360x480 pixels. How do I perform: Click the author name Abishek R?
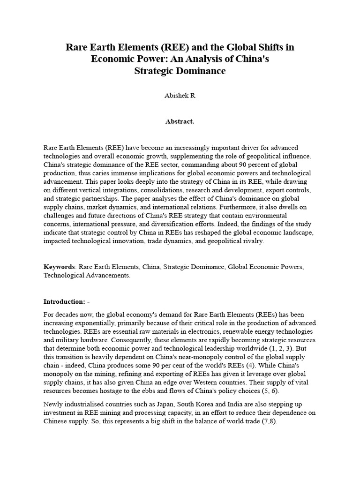click(180, 95)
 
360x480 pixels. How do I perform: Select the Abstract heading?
click(180, 121)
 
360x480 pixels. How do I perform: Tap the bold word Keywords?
click(60, 267)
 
